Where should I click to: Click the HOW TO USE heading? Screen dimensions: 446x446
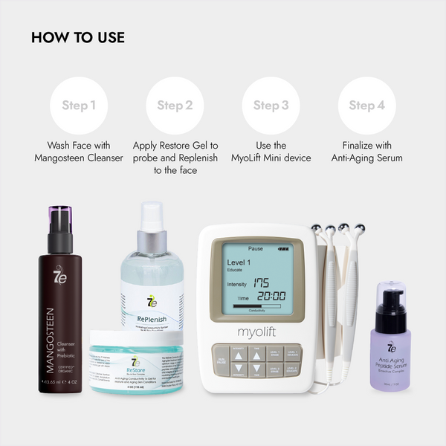(78, 37)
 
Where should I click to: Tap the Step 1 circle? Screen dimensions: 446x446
(80, 106)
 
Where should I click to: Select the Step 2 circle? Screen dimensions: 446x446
(175, 106)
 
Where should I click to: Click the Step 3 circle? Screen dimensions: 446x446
(271, 106)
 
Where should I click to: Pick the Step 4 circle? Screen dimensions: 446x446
(366, 106)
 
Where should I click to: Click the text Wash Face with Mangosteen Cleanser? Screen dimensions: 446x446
(80, 152)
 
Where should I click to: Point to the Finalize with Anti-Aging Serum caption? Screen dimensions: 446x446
(366, 152)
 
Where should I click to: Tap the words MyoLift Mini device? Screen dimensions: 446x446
(271, 158)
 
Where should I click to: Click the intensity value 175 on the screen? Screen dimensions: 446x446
(260, 283)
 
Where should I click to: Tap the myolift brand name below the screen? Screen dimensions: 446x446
(257, 332)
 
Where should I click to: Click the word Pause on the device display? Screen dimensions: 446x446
(256, 248)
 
